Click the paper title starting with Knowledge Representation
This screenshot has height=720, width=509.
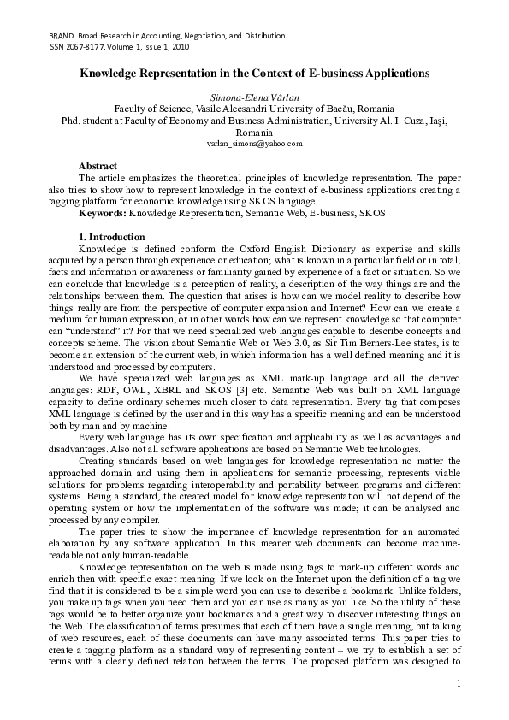(x=254, y=74)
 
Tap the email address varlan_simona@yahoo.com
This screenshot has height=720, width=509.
(x=255, y=144)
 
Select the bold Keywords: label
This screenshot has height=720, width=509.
(x=103, y=212)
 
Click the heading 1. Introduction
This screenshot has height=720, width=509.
(x=112, y=237)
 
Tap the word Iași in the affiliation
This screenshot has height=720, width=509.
(x=436, y=121)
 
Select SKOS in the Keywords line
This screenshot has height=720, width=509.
(x=371, y=212)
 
